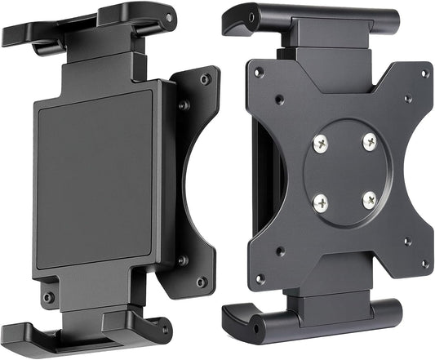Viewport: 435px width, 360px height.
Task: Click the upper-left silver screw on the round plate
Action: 319,144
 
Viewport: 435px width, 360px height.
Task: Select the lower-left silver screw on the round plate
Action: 322,198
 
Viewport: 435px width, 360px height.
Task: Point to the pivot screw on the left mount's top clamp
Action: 169,17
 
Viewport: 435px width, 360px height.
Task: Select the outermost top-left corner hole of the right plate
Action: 258,72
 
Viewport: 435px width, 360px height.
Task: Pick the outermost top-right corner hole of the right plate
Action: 424,73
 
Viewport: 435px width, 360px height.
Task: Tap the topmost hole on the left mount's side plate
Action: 206,78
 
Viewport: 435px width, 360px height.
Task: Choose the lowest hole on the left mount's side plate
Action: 201,282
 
